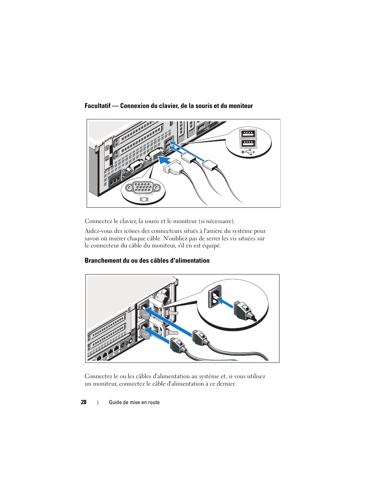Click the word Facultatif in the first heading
(98, 106)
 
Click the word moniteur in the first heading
(240, 106)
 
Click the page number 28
(84, 402)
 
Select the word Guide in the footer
(115, 402)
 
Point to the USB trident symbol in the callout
(248, 152)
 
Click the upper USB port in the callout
(248, 134)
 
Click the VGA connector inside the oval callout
(143, 188)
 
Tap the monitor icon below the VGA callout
(144, 199)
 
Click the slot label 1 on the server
(107, 148)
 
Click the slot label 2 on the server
(107, 158)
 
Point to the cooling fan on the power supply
(164, 296)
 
